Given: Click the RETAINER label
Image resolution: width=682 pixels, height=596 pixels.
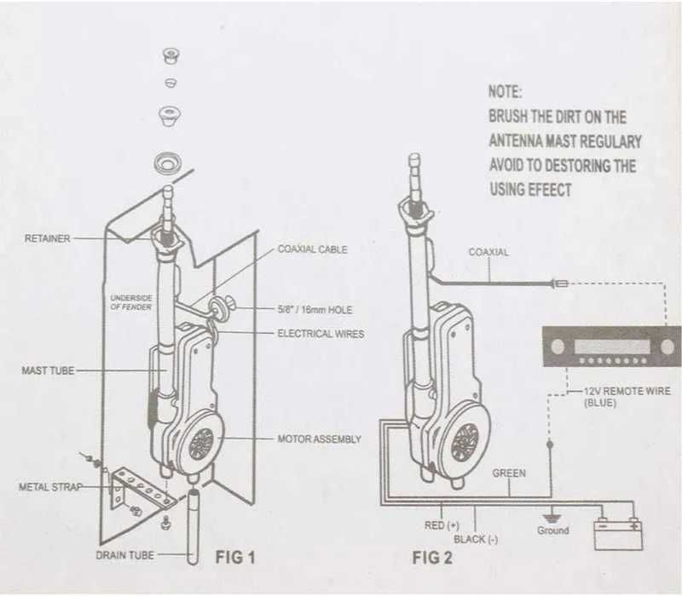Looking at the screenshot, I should pyautogui.click(x=48, y=239).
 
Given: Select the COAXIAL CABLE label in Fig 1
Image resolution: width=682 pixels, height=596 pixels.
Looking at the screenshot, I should pyautogui.click(x=312, y=250).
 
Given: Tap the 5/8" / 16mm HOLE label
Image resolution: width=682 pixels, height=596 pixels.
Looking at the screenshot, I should pyautogui.click(x=315, y=309).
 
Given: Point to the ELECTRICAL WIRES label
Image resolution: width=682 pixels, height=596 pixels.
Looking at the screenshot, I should pyautogui.click(x=321, y=334).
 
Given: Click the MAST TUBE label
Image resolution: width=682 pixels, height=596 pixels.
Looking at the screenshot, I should pyautogui.click(x=48, y=371).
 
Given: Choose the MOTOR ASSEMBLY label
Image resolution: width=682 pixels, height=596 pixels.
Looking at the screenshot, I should pyautogui.click(x=320, y=439).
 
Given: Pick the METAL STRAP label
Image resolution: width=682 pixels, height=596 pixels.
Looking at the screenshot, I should pyautogui.click(x=50, y=488).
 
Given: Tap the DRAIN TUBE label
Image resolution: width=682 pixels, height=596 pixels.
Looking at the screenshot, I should pyautogui.click(x=124, y=555).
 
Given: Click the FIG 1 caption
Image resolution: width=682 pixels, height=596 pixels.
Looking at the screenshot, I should pyautogui.click(x=234, y=558).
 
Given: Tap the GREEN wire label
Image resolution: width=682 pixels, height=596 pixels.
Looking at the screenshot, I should pyautogui.click(x=509, y=473).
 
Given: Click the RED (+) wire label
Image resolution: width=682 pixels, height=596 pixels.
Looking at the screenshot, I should pyautogui.click(x=442, y=525).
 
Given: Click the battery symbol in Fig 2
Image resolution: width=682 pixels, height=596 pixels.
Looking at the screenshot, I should pyautogui.click(x=617, y=535).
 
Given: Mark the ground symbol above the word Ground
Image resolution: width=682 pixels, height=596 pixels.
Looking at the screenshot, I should pyautogui.click(x=552, y=512).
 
